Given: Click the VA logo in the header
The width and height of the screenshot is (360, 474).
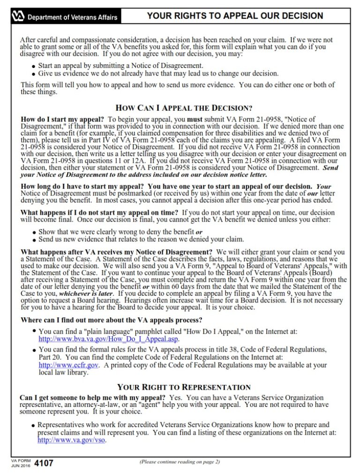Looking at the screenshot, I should pos(18,17).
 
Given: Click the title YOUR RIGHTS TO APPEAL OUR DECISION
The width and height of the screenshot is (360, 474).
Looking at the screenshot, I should pos(235,16).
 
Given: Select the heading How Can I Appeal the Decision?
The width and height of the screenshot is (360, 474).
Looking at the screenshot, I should pos(184,108).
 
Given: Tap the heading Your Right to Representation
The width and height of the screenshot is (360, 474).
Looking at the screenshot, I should pos(184,387).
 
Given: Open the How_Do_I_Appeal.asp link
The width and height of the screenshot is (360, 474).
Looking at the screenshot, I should pos(108,339).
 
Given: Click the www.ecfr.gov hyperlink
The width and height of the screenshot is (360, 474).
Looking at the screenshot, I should pos(68,365).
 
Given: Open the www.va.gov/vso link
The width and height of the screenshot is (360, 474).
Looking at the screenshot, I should pos(71,440).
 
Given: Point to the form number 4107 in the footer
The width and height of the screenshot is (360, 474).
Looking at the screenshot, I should pos(44,464).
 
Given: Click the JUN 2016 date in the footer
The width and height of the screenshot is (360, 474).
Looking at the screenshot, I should pos(21,466).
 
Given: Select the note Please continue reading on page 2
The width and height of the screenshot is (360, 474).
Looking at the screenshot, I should pos(180,462).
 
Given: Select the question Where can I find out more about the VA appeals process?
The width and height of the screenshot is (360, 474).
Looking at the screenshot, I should pos(112,320).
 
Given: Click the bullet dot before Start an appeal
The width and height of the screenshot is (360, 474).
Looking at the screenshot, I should pos(34,67).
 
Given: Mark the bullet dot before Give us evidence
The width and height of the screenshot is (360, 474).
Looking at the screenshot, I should pos(34,74).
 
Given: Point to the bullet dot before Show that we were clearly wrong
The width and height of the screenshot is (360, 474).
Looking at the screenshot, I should pos(34,233).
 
